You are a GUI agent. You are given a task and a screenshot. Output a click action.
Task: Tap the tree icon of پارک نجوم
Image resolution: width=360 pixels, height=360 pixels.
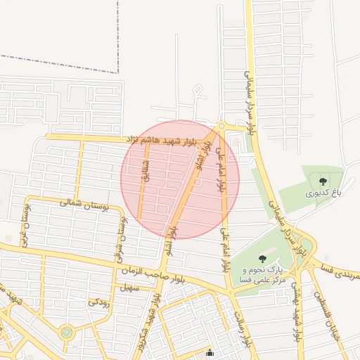point(262,259)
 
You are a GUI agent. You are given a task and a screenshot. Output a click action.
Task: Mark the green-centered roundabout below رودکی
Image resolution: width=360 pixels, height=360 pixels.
point(66,332)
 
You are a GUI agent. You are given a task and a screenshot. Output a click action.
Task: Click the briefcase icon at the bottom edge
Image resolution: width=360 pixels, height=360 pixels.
point(210,353)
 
